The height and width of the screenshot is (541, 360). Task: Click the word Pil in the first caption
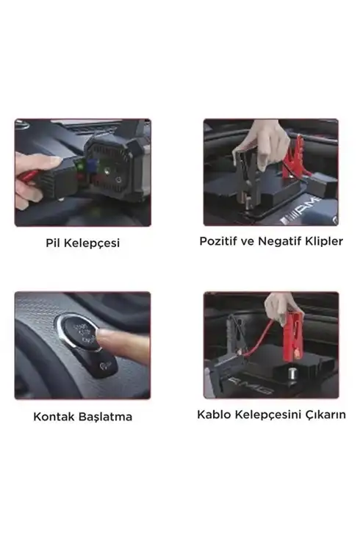point(53,243)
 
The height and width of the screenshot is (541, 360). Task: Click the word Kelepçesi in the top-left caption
point(92,243)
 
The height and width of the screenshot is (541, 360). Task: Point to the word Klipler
point(326,241)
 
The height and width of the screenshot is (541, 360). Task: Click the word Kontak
point(54,417)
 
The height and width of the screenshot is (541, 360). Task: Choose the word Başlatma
point(105,417)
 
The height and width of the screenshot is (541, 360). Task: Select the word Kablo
point(214,415)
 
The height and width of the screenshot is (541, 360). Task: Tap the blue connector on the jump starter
point(92,165)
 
